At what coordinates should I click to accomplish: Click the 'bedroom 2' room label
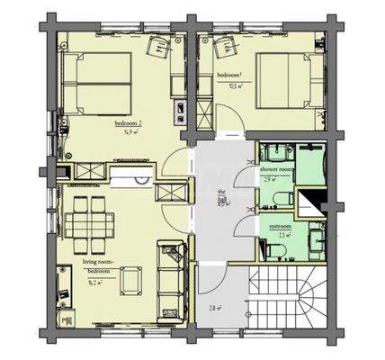127,123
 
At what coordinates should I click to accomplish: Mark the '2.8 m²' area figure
215,307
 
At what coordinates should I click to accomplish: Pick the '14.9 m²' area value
127,132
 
